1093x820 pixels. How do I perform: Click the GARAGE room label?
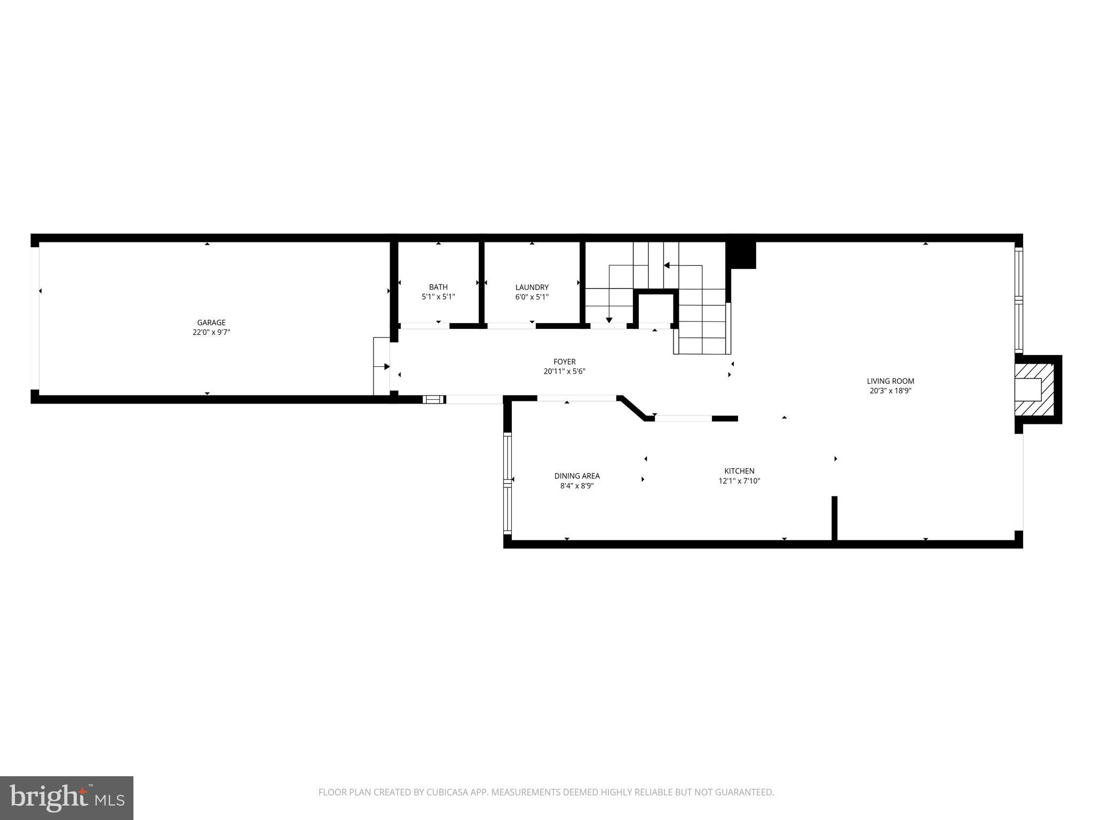click(211, 322)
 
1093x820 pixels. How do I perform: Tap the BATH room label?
click(438, 287)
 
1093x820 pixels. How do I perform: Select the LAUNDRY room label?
click(532, 287)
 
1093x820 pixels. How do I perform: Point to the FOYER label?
click(564, 362)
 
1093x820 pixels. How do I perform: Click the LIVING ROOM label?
click(890, 381)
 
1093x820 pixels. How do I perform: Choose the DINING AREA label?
click(577, 476)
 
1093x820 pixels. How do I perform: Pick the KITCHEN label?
click(739, 471)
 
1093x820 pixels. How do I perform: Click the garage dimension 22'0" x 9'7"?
click(211, 332)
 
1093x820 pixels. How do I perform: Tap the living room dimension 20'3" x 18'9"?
click(890, 391)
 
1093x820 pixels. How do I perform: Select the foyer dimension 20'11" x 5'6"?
click(564, 372)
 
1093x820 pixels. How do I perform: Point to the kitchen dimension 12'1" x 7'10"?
click(739, 480)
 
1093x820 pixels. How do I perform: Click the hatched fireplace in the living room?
click(1035, 389)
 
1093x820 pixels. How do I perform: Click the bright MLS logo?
click(67, 798)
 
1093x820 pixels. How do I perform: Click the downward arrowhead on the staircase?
click(609, 320)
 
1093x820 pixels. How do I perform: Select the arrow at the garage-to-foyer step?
click(386, 367)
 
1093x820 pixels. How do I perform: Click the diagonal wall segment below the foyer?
click(635, 408)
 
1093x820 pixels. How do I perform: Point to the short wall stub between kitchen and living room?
click(834, 518)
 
